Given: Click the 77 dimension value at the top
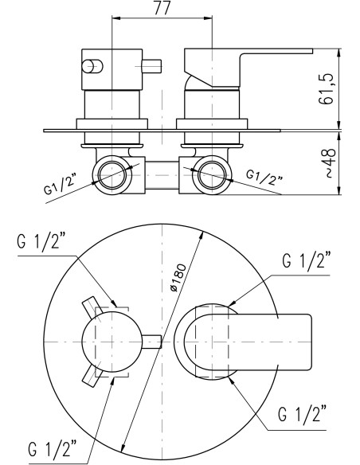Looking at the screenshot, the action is point(162,8).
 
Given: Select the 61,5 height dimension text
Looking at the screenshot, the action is point(326,88).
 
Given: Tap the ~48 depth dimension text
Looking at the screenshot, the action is point(331,162).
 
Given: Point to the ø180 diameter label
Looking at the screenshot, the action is point(179,278).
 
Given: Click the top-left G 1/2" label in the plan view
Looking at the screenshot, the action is point(41,242).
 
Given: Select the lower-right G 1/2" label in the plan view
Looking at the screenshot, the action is point(302,414).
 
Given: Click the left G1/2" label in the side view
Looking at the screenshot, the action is point(60,185).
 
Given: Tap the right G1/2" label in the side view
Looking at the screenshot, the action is point(264,177).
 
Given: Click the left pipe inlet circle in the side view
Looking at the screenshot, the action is point(112,175).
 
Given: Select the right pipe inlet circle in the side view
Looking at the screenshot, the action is point(212,175).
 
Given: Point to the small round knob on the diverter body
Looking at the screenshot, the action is point(92,66).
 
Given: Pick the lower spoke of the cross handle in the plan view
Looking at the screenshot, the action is point(92,376).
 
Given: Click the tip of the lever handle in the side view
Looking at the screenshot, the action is point(311,51).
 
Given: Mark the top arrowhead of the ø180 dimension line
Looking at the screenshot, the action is point(202,236).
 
